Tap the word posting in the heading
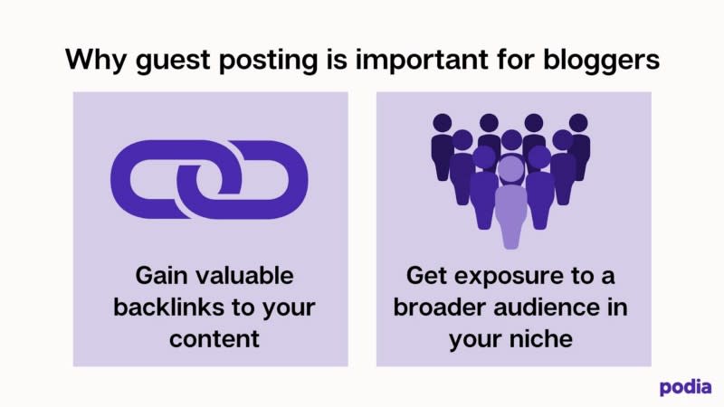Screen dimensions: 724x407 pos(268,61)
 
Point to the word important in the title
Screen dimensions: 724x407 pos(422,59)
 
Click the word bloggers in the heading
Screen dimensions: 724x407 pos(601,61)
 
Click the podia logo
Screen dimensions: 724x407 pos(685,388)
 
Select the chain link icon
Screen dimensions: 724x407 pos(209,179)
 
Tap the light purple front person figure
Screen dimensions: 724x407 pos(511,201)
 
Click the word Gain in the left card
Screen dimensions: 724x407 pos(162,276)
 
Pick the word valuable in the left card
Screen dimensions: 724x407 pos(244,276)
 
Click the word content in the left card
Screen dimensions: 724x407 pos(214,339)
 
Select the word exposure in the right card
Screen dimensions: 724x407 pos(510,277)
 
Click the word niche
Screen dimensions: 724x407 pos(541,338)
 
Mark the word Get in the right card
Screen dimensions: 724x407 pos(426,276)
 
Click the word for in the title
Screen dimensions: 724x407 pos(516,60)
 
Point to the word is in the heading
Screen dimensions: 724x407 pos(337,60)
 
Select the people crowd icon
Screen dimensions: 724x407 pos(510,181)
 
